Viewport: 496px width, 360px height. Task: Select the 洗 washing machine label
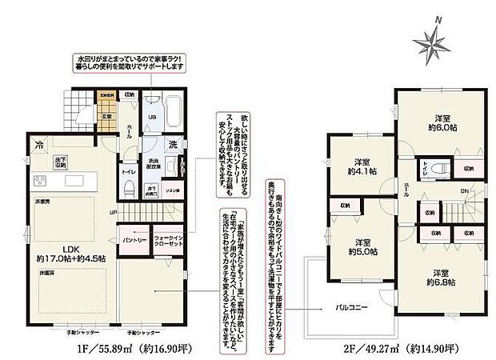tap(172, 146)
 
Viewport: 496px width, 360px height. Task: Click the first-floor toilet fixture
tap(129, 190)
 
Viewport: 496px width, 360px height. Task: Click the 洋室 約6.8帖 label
tap(438, 276)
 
